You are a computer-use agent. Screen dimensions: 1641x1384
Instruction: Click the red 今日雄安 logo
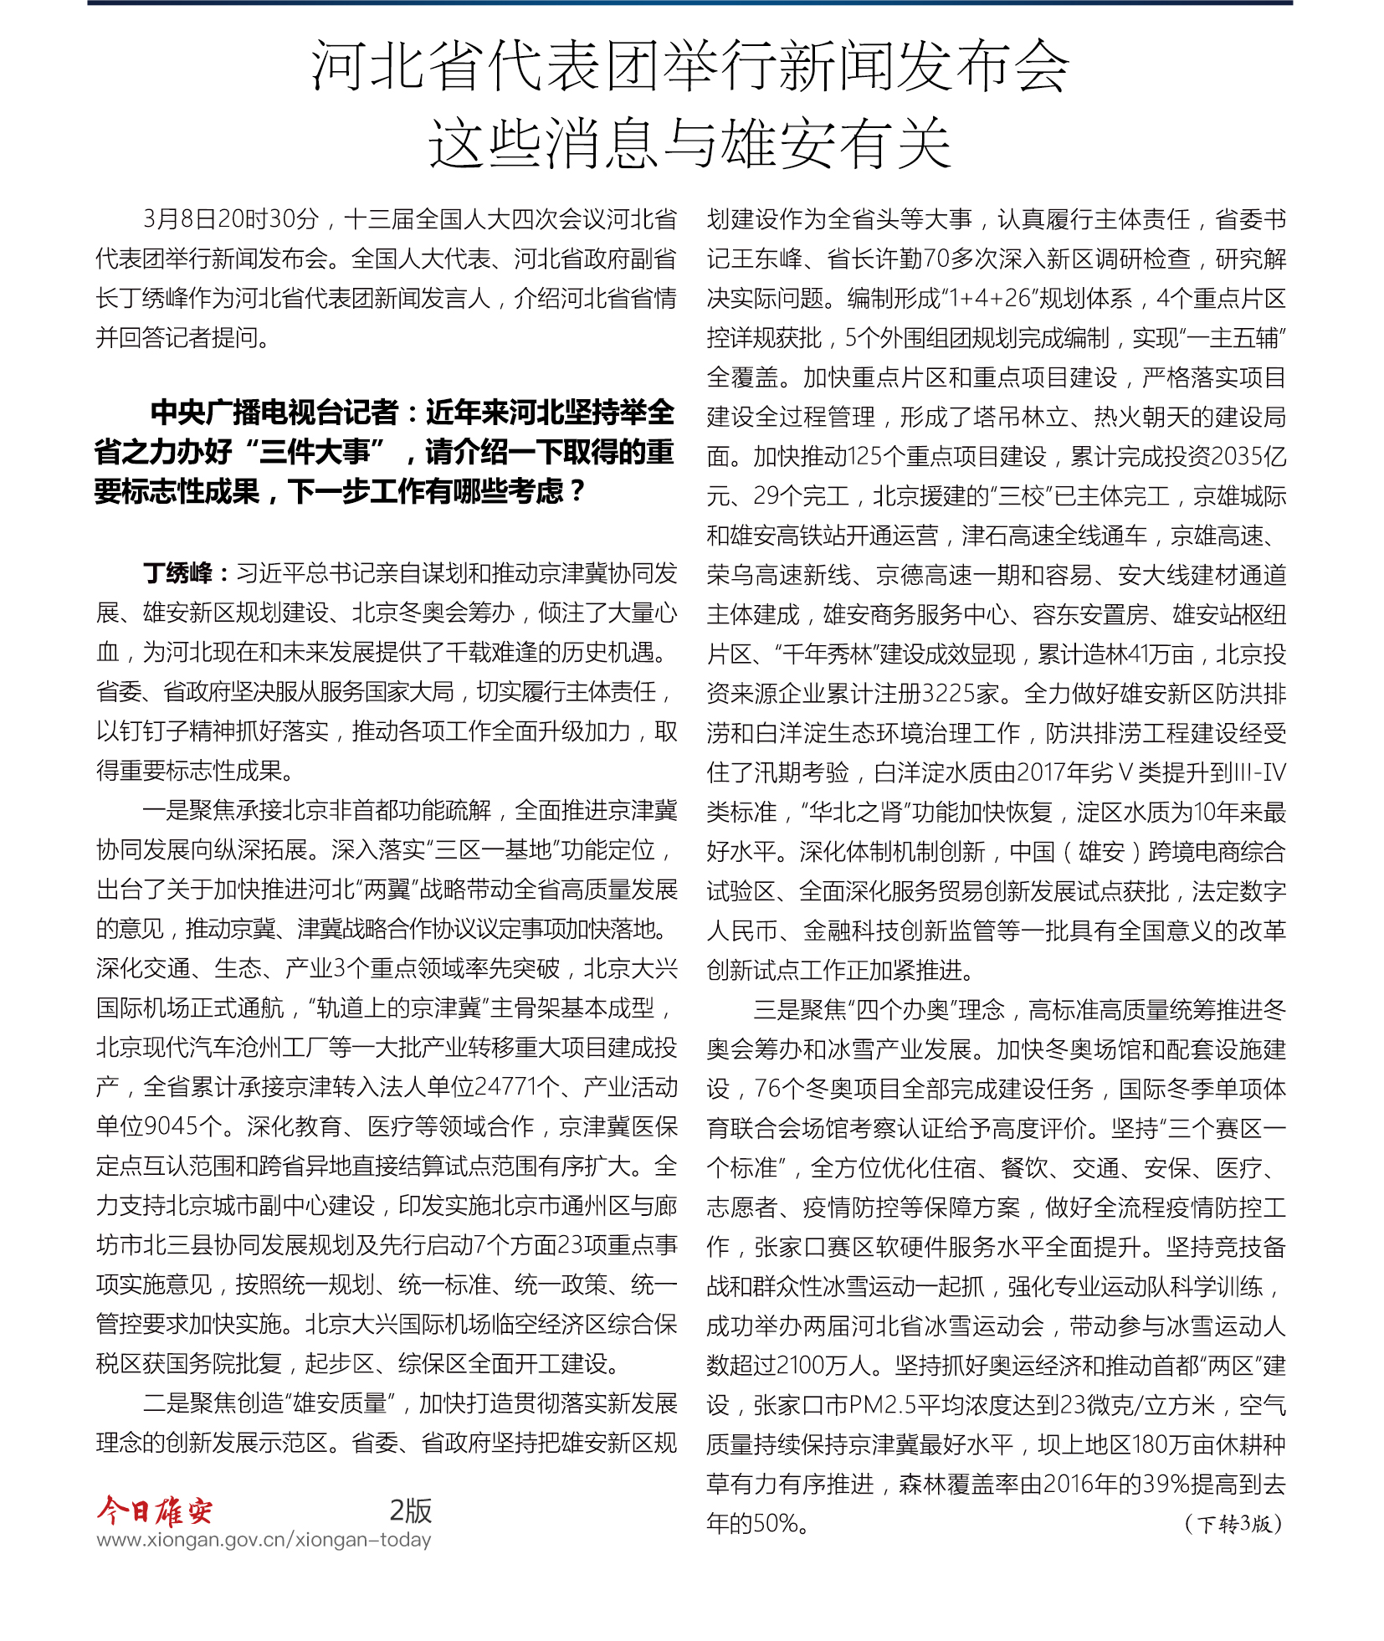tap(154, 1510)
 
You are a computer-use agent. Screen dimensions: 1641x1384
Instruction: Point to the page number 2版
tap(410, 1510)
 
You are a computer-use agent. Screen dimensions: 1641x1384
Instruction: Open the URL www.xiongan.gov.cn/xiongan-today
tap(264, 1540)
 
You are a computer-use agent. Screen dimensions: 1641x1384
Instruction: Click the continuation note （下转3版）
tap(1233, 1524)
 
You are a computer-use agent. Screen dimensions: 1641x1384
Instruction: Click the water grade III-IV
tap(1258, 772)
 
